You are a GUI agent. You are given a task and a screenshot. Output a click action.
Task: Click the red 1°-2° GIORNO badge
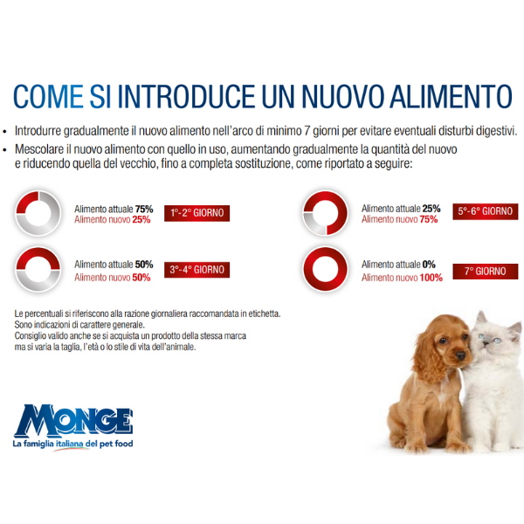[x=197, y=213]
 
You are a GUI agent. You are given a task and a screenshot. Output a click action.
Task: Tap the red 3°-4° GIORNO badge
[x=197, y=270]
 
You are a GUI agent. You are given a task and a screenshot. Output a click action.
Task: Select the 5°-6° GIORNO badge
[x=486, y=211]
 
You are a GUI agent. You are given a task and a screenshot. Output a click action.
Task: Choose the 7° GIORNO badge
[x=486, y=271]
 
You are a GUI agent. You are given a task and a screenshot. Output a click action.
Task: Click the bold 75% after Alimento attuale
[x=144, y=209]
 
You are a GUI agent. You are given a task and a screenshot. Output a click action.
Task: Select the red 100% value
[x=431, y=277]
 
